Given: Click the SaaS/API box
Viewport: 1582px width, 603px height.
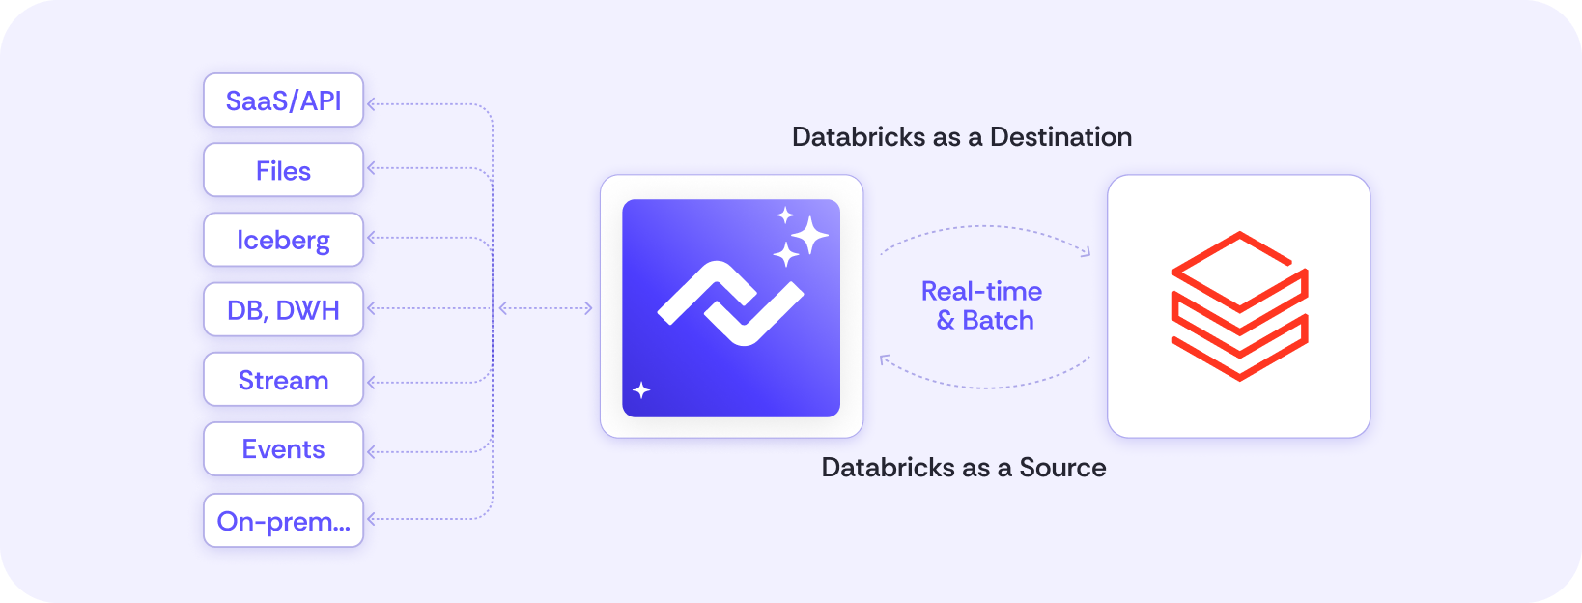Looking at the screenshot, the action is (283, 100).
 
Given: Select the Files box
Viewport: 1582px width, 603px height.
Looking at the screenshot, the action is (283, 170).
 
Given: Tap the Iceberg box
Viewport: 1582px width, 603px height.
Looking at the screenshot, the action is (283, 240).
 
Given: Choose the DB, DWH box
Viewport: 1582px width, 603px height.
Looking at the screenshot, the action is (283, 309).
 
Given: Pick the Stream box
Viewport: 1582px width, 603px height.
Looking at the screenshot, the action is (283, 380).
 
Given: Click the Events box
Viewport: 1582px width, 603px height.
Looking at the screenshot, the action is (283, 449).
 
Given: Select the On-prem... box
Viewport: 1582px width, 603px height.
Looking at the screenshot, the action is (283, 520).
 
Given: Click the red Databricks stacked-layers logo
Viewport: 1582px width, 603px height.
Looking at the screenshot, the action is (1239, 306).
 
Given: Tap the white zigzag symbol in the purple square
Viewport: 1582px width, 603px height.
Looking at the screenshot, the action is (730, 303).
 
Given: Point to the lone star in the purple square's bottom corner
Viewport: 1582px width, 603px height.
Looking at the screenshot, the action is (641, 389).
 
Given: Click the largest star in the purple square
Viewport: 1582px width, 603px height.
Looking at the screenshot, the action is (809, 235).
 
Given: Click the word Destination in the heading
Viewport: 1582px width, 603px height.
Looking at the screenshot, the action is (1060, 136).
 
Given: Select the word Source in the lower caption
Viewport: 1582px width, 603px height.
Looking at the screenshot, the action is (1062, 468).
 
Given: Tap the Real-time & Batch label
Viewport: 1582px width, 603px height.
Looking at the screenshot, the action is (982, 305).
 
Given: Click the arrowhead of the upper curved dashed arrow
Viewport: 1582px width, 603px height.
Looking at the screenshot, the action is (1087, 251).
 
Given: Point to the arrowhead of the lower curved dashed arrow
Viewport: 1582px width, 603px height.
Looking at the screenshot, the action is (885, 359).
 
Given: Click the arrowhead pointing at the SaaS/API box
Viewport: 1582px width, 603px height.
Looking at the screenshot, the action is (372, 104).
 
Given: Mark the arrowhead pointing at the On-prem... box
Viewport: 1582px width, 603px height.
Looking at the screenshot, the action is (372, 519).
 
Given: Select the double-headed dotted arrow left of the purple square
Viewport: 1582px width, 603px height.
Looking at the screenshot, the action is (546, 307).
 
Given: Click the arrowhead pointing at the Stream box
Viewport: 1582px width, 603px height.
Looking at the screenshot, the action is (372, 383).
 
